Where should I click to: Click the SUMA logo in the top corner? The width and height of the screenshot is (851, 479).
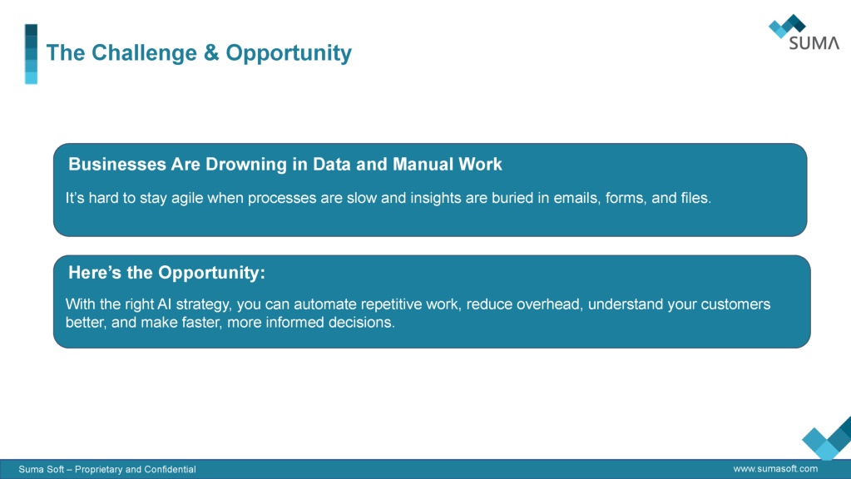point(804,32)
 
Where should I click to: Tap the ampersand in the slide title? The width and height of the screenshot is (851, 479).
point(211,52)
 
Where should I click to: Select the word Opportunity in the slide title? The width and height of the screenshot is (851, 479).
point(289,53)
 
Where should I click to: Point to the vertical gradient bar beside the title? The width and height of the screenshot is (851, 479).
point(31,54)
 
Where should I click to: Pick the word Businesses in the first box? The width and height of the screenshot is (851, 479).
point(117,165)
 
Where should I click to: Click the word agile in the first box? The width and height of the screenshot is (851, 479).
point(187,198)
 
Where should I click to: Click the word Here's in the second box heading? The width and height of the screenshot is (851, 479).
point(96,272)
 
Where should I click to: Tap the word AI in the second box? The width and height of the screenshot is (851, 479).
point(164,304)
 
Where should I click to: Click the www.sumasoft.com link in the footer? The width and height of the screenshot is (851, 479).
point(775,469)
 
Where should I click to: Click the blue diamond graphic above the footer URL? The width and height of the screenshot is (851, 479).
point(827,440)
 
